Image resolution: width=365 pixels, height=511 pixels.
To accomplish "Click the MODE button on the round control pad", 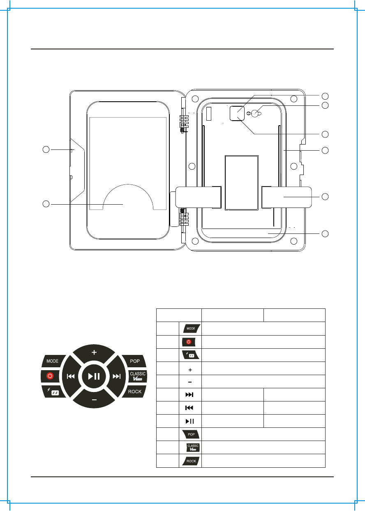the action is pos(52,361).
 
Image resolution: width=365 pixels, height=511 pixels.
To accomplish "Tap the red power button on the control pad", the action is pos(50,376).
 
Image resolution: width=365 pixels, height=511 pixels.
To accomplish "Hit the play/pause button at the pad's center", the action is pos(94,376).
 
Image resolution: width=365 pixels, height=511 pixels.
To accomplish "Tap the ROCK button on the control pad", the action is pos(135,391).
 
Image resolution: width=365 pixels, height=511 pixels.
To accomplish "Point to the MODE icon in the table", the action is pos(190,329).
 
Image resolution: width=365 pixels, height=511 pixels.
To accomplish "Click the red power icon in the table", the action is pos(190,342).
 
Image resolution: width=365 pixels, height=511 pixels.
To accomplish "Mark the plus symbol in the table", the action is pos(190,368).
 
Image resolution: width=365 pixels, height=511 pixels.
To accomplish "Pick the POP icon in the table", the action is pos(190,434).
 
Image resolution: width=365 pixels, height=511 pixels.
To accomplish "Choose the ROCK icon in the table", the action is pos(190,461).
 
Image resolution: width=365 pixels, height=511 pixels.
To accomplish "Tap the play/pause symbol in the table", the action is pos(190,421).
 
